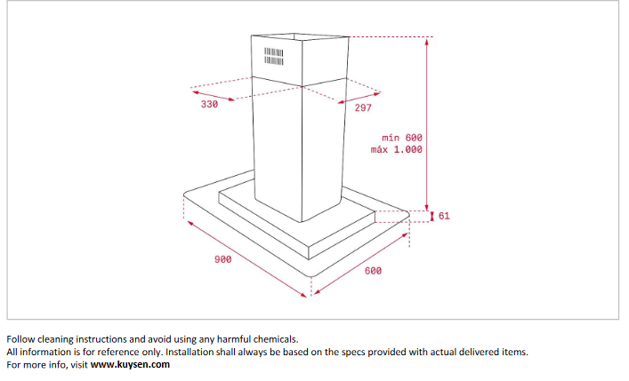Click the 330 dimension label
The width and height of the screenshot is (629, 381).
coord(209,105)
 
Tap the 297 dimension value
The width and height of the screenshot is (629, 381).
coord(363,107)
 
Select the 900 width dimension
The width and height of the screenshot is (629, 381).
coord(222,259)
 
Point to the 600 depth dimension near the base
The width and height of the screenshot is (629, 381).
coord(373,271)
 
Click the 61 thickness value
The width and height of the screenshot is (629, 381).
coord(444,216)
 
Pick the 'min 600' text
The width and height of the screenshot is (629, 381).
coord(402,138)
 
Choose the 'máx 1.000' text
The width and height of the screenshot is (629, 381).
coord(396,149)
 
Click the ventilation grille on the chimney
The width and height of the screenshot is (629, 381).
coord(274,57)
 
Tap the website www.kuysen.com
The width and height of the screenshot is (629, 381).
coord(130,365)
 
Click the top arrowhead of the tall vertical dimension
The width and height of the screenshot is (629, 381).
coord(426,40)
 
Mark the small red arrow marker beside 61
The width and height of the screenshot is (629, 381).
coord(432,217)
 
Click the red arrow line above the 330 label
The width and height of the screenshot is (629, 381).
coord(213,96)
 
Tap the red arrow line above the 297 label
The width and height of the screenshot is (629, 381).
coord(359,99)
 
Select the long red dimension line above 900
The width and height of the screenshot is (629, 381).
coord(246,258)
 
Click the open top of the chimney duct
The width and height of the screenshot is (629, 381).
coord(300,37)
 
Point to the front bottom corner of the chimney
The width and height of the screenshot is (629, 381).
coord(302,221)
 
